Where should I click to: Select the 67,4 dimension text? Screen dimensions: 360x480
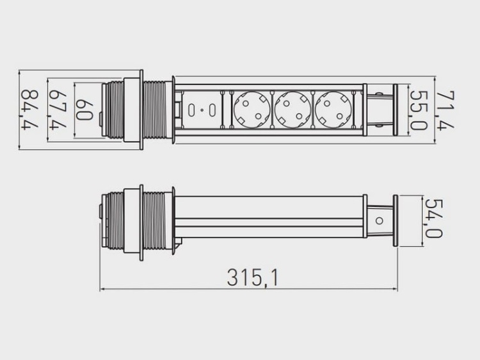(59, 110)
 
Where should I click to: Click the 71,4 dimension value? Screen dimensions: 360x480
(446, 110)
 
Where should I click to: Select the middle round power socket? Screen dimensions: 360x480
(291, 110)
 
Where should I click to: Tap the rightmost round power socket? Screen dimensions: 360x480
(332, 110)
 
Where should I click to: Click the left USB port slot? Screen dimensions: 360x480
(192, 110)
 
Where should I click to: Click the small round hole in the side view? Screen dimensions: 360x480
(379, 221)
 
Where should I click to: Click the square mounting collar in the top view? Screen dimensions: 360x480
(132, 110)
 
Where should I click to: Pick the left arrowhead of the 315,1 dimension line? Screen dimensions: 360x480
(102, 289)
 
